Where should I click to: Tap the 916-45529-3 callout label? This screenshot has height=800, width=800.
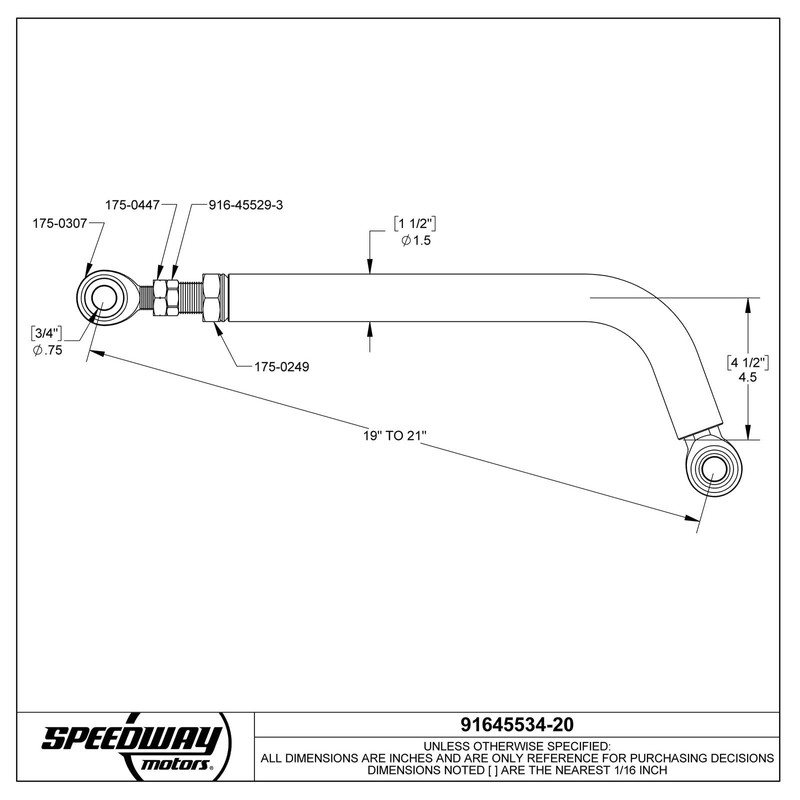click(247, 204)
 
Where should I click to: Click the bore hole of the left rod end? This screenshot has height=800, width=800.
click(103, 297)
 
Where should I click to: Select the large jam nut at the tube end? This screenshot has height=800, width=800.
click(213, 297)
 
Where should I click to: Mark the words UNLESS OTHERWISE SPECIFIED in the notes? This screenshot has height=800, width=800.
click(517, 746)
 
